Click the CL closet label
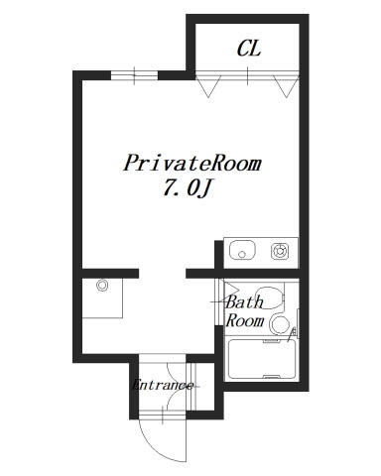(249, 49)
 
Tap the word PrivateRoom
(192, 163)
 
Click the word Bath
(244, 302)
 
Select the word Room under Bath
(245, 320)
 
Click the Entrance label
(163, 385)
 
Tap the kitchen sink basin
(242, 250)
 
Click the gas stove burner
(280, 251)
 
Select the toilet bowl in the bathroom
(269, 297)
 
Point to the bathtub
(262, 359)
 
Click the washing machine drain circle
(102, 285)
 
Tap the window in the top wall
(134, 75)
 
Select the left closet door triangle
(208, 86)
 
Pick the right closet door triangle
(287, 86)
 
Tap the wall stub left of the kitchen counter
(218, 255)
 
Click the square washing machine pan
(102, 298)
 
